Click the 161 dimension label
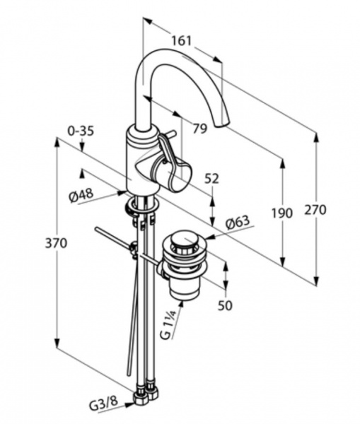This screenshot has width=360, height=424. pyautogui.click(x=182, y=41)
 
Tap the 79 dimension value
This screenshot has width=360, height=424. pyautogui.click(x=200, y=128)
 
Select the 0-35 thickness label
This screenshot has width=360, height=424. pyautogui.click(x=81, y=131)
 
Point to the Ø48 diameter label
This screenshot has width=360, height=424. pyautogui.click(x=81, y=195)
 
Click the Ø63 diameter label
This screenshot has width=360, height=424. pyautogui.click(x=238, y=223)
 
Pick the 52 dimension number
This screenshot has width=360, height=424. pyautogui.click(x=211, y=179)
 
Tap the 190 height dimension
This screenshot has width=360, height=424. pyautogui.click(x=282, y=213)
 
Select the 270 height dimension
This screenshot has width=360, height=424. pyautogui.click(x=315, y=210)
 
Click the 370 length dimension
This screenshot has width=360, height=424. pyautogui.click(x=56, y=243)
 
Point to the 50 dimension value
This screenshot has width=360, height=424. pyautogui.click(x=225, y=305)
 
